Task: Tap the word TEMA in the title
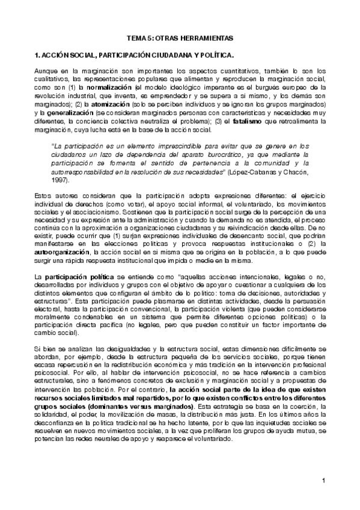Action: click(x=144, y=37)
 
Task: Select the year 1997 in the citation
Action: click(x=59, y=180)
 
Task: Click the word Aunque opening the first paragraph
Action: click(x=46, y=71)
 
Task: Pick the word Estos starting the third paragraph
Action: click(x=44, y=196)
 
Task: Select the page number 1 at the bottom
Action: click(x=323, y=481)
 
